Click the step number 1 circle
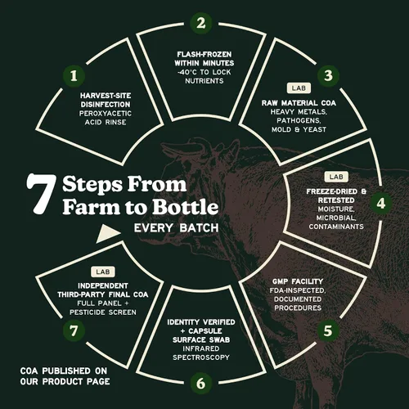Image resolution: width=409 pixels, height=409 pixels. pos(74,76)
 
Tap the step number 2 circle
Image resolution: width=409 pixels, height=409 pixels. pos(201,23)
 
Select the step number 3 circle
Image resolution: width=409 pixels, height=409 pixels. pos(328,75)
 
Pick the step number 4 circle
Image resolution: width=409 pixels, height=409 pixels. pos(381,203)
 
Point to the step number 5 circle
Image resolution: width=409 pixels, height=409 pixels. pos(328,330)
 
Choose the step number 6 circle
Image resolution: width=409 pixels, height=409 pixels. pos(201,384)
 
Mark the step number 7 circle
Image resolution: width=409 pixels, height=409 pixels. pos(74,330)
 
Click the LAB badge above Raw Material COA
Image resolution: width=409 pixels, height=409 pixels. pos(299,88)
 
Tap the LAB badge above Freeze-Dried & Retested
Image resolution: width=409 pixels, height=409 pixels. pos(336,177)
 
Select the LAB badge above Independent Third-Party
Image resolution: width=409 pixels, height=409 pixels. pos(103,272)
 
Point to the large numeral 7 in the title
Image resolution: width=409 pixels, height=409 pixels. pos(41,194)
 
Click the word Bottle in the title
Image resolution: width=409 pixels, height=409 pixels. pos(185,207)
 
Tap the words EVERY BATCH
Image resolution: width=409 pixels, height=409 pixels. pos(176,228)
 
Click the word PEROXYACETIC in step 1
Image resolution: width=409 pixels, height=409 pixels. pos(106,114)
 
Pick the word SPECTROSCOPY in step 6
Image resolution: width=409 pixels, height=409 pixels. pos(201,357)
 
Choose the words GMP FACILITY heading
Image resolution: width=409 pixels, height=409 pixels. pos(298,281)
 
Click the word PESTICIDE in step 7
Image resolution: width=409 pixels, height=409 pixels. pos(88,312)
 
